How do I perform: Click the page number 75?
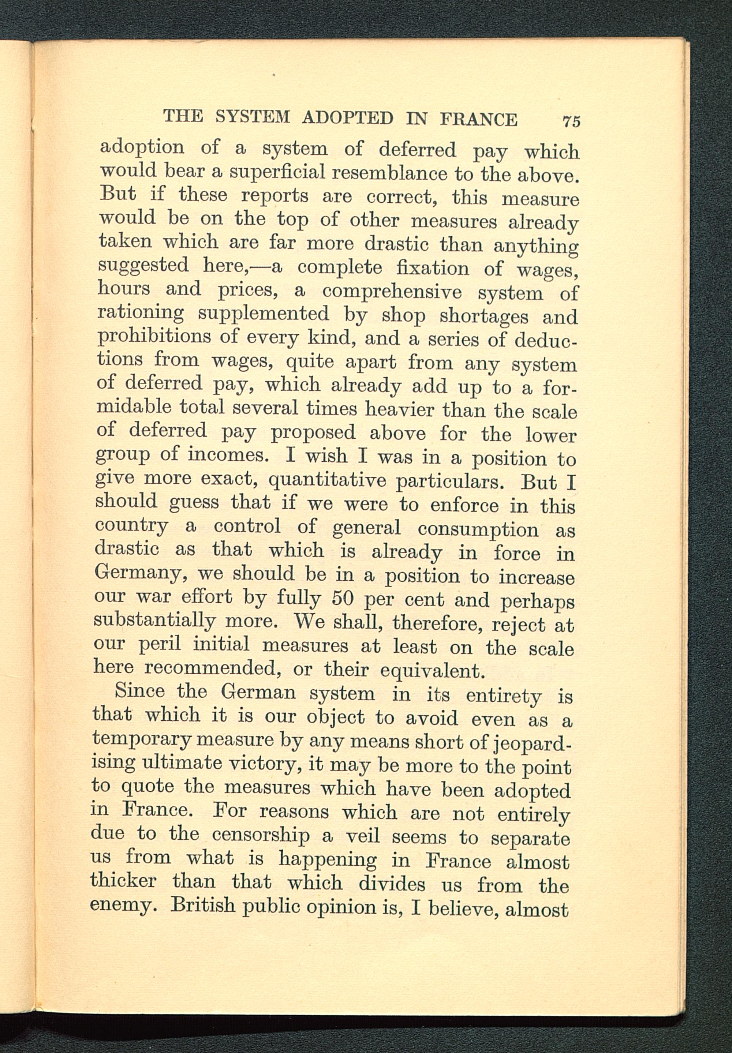point(571,121)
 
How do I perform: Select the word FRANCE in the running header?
point(478,119)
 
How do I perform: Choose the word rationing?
point(141,314)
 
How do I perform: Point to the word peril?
point(159,644)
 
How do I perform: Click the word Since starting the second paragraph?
point(139,691)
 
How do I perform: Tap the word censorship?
point(261,835)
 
